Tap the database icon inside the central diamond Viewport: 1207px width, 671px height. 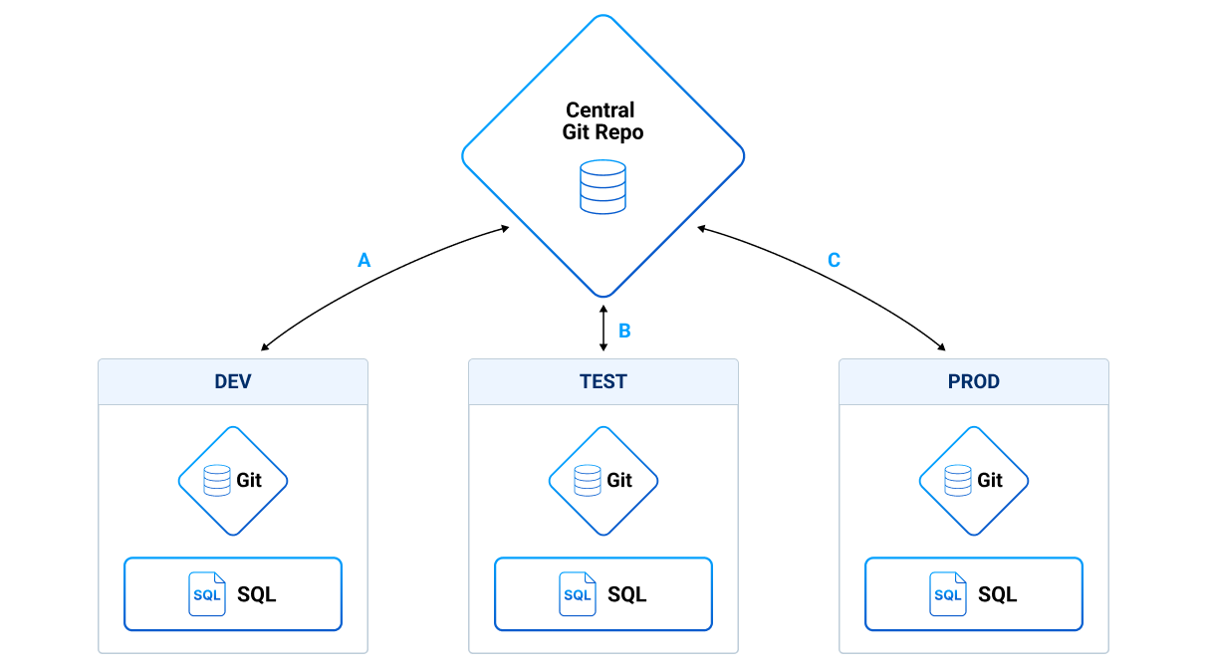[603, 186]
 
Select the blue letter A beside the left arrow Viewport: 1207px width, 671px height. [363, 260]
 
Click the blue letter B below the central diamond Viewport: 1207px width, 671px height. [624, 331]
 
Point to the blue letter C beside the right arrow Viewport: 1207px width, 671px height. [834, 260]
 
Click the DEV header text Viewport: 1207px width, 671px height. [233, 381]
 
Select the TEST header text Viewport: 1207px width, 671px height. [603, 381]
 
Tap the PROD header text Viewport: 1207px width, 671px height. [974, 381]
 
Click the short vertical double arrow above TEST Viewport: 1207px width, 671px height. [603, 329]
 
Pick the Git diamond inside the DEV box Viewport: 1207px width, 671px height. [233, 481]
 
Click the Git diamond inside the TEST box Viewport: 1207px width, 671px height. [603, 481]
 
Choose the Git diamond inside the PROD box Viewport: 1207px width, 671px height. [974, 481]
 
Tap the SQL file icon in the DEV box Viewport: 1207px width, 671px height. [207, 593]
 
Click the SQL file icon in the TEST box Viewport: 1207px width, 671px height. [578, 593]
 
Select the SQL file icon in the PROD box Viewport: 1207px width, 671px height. [948, 593]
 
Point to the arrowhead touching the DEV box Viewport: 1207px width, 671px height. [265, 347]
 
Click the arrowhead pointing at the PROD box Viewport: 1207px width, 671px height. [941, 347]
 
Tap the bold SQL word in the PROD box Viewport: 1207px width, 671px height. [997, 594]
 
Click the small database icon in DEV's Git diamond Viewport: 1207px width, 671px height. [216, 481]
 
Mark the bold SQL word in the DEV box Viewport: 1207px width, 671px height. [256, 594]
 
